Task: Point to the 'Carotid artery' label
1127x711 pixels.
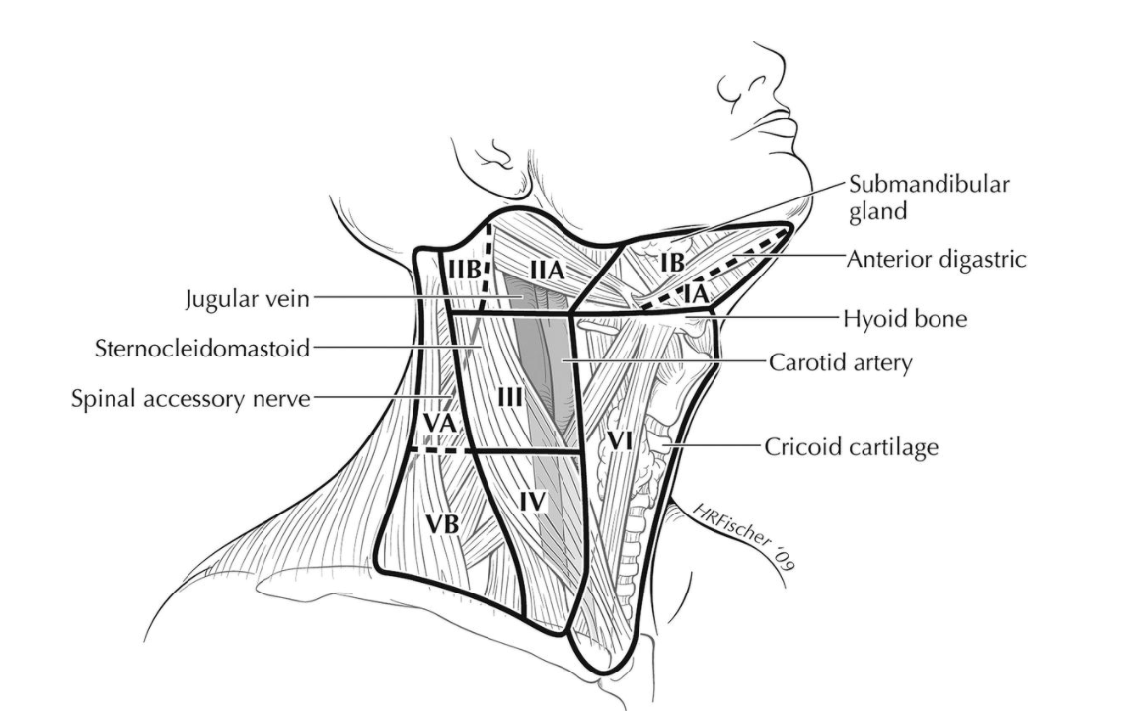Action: (x=840, y=362)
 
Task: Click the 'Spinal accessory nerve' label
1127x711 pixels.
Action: (x=190, y=398)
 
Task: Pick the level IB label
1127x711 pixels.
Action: (x=672, y=261)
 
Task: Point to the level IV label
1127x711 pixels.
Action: (x=532, y=502)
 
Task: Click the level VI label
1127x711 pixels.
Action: (x=619, y=441)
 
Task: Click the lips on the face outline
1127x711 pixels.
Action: (x=780, y=126)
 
